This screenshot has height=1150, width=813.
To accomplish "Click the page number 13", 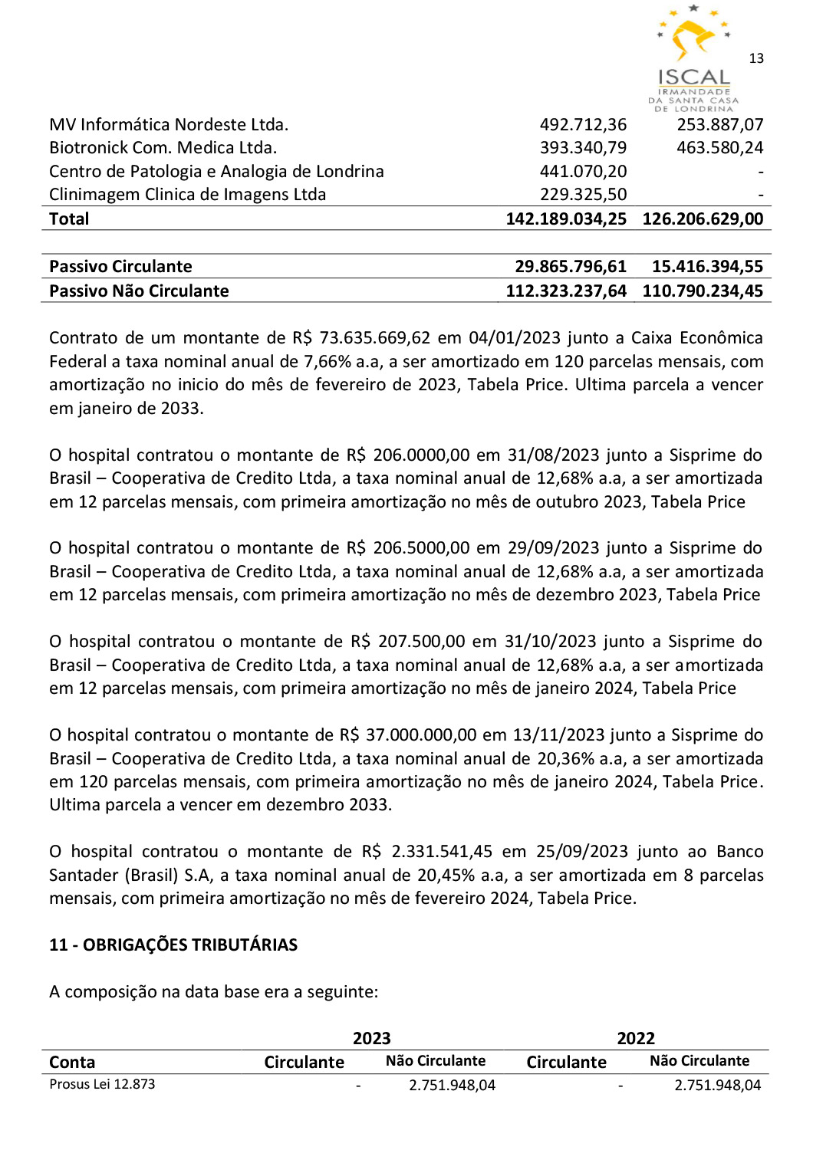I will coord(756,58).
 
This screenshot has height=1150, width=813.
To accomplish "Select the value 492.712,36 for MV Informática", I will coord(583,124).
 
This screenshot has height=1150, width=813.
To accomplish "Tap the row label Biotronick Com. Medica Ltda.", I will coord(163,147).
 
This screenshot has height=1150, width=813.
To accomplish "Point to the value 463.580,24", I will coord(719,147).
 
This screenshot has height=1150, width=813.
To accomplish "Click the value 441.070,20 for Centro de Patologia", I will coord(583,171).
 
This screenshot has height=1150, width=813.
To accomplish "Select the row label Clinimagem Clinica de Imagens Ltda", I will coord(187,195).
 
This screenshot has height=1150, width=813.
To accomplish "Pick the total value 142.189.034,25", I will coord(566,219).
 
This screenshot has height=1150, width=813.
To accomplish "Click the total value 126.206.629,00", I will coord(703,219).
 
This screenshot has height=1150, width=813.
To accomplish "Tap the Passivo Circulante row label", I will coord(120,266).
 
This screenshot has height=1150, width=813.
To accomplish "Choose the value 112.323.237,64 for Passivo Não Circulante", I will coord(566,291).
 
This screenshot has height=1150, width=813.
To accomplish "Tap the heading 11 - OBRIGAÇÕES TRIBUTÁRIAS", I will coord(173,945).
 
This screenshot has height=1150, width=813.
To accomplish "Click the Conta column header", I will coord(72,1062).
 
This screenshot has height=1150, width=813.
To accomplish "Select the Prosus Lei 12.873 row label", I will coord(102,1084).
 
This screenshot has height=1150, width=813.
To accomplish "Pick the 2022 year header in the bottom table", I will coord(636,1038).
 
